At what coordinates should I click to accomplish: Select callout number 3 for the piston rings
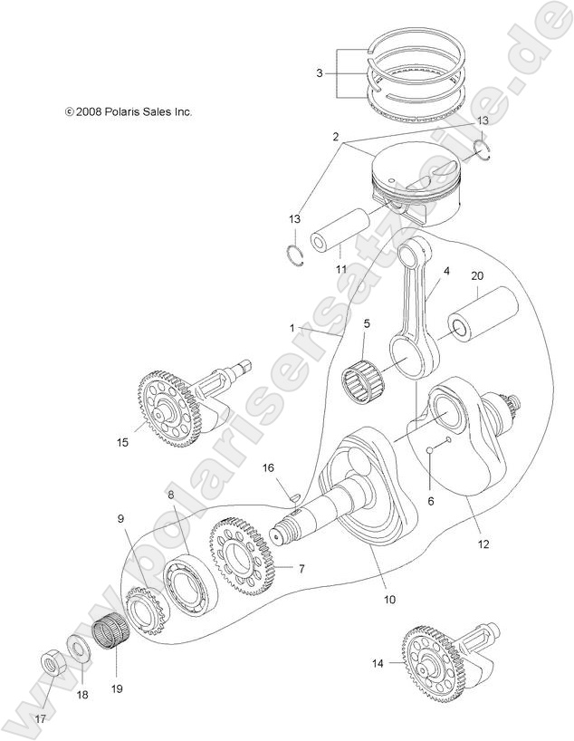[320, 72]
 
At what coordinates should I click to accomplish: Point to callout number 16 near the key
[268, 467]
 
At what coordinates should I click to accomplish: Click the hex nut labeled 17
[49, 663]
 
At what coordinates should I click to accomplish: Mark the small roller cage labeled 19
[111, 630]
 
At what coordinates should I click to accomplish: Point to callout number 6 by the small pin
[430, 500]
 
